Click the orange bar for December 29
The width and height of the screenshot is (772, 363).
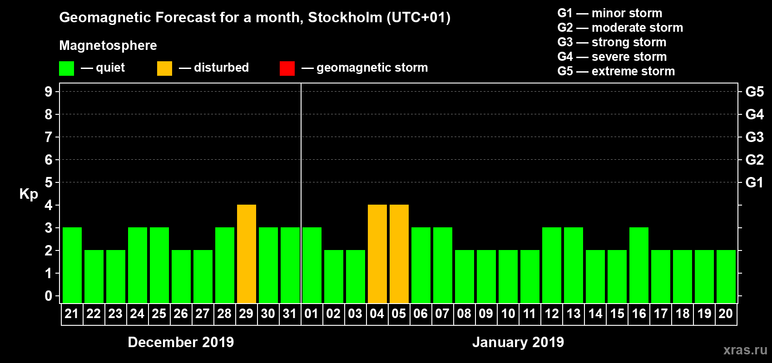(x=247, y=254)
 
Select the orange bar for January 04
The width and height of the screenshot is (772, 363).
(x=377, y=254)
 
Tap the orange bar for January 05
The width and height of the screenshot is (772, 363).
(x=399, y=254)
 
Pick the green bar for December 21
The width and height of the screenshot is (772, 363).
(x=72, y=265)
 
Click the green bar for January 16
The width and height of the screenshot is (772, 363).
(x=639, y=265)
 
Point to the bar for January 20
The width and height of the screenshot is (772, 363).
(x=726, y=277)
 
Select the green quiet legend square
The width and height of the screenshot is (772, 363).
(x=67, y=69)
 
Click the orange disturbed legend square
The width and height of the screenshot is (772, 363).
(x=165, y=69)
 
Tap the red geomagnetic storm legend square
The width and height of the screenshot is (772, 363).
(x=287, y=69)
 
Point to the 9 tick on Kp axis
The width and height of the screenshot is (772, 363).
(x=49, y=92)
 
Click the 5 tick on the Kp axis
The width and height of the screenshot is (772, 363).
(x=49, y=182)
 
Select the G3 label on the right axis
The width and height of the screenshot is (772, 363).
(x=754, y=137)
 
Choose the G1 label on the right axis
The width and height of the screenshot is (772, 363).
(x=754, y=182)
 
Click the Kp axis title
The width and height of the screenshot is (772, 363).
(x=29, y=194)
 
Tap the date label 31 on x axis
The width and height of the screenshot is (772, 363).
(x=290, y=314)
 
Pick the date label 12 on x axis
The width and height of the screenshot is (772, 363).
(x=552, y=314)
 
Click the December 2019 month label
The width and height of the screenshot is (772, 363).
(x=181, y=342)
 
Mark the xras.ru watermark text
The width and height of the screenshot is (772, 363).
(x=745, y=350)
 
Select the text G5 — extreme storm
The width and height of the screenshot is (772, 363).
(x=616, y=71)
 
